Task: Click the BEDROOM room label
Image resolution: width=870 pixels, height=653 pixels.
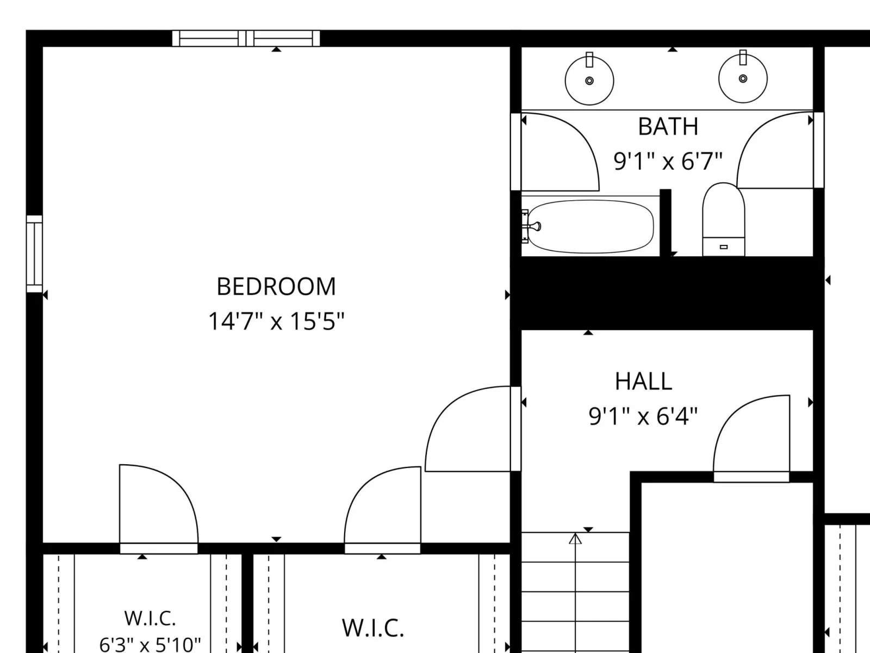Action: click(276, 286)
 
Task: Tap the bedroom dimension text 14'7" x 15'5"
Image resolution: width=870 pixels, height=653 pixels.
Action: click(276, 321)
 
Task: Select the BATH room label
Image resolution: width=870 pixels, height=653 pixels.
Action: click(668, 126)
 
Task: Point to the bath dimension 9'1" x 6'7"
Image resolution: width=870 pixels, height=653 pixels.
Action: click(668, 161)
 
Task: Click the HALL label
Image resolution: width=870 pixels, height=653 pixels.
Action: click(643, 381)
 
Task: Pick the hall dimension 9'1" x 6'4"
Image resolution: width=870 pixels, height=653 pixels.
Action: click(643, 416)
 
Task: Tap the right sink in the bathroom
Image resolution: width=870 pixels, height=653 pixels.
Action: click(743, 77)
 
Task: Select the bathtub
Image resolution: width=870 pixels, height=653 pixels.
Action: click(591, 226)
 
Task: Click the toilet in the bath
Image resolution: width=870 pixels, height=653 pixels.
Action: click(724, 219)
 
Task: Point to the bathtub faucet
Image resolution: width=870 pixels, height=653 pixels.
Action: click(532, 226)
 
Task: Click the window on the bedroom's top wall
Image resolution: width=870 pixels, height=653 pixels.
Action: click(246, 39)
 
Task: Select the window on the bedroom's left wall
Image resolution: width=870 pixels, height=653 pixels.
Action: click(34, 254)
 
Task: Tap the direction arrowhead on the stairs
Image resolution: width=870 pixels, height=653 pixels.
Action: click(575, 539)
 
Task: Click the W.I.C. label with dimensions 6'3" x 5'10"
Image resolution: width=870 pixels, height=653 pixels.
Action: click(150, 618)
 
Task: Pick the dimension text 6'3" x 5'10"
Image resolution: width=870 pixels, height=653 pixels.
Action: click(150, 644)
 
